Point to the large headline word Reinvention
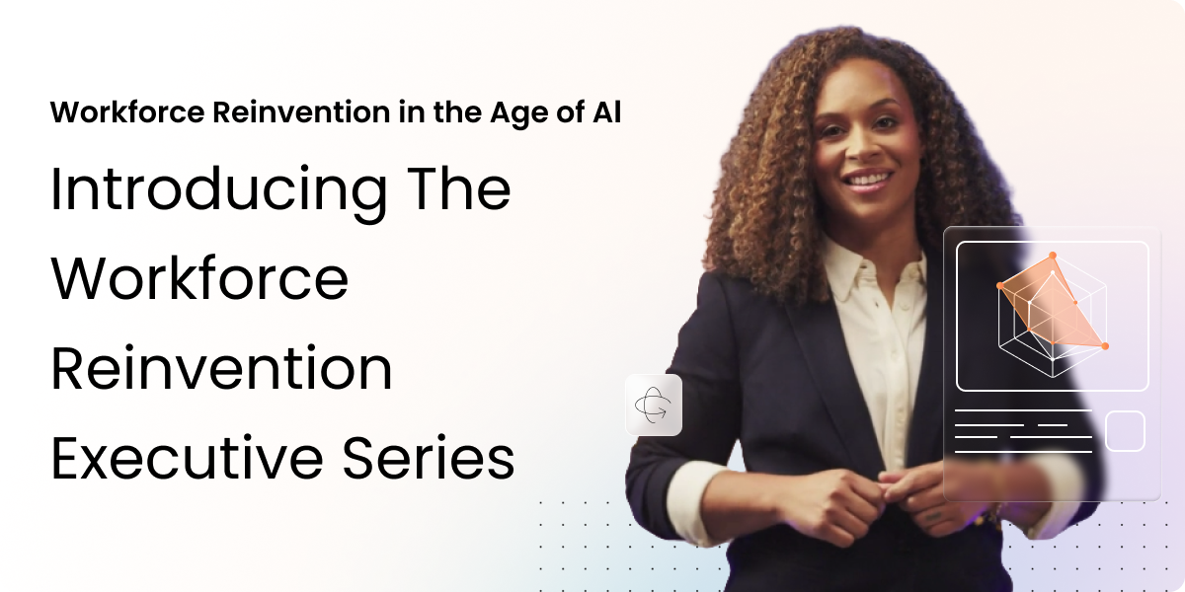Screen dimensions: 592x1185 221,368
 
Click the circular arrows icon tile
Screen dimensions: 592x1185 654,405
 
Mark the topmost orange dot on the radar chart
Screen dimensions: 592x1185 1053,256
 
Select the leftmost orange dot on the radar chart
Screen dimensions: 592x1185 1000,286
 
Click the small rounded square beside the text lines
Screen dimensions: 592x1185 1124,431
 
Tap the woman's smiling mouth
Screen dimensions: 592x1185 866,181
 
